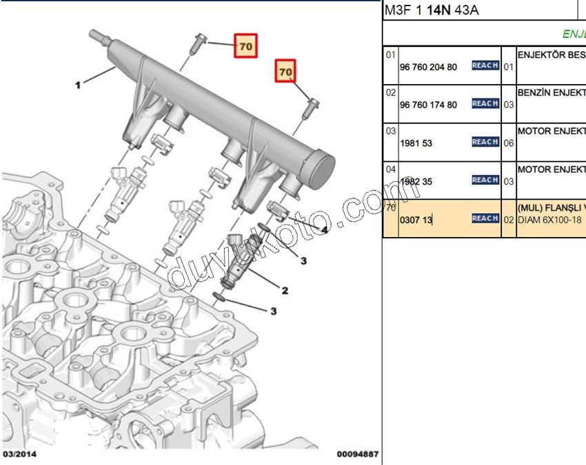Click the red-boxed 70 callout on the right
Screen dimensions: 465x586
[285, 70]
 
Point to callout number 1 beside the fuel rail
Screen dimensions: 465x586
[79, 85]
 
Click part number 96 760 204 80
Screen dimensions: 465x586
[428, 67]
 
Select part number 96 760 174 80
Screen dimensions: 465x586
[428, 105]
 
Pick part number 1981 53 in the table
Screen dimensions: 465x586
[415, 143]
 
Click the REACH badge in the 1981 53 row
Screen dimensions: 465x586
[485, 142]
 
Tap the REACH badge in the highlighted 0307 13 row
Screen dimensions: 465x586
[485, 218]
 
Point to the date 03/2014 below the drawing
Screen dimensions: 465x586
[20, 455]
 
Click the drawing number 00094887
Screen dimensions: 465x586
[357, 455]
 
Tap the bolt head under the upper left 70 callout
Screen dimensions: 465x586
[199, 38]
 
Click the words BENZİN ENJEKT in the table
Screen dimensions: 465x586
[551, 91]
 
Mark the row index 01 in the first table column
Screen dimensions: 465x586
[391, 54]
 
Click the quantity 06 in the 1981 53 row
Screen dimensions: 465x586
[508, 143]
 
